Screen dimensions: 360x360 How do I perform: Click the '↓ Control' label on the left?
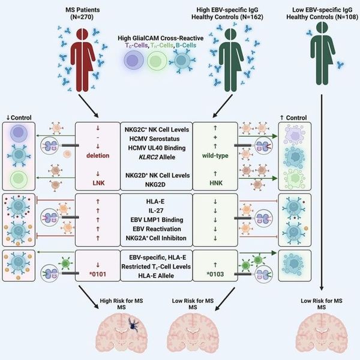coord(18,118)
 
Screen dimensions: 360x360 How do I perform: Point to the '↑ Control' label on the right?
coord(296,118)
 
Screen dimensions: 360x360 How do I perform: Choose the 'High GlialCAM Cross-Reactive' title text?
coord(170,38)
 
